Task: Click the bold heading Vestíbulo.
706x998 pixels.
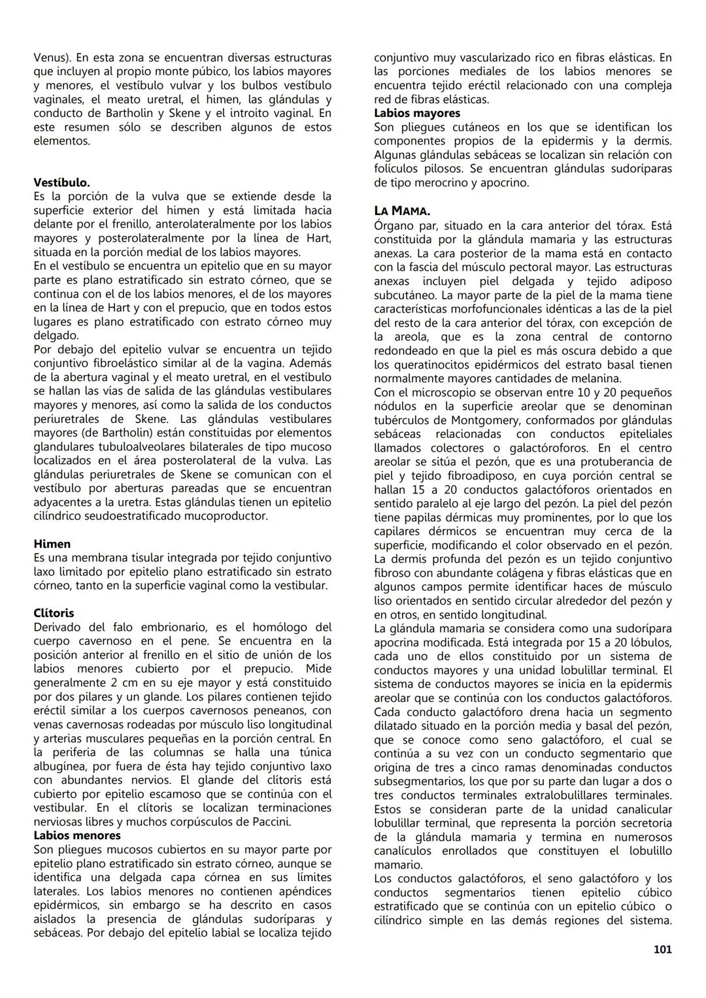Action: [x=61, y=182]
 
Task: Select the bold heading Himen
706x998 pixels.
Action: [x=52, y=544]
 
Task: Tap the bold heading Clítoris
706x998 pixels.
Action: [x=54, y=613]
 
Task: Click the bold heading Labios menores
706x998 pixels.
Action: [x=76, y=835]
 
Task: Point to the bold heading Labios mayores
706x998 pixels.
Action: [x=416, y=113]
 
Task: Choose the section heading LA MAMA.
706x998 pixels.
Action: [x=402, y=211]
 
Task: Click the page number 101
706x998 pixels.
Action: [x=662, y=950]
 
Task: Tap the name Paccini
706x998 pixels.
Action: [x=268, y=822]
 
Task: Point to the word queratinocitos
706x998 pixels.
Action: [x=431, y=365]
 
